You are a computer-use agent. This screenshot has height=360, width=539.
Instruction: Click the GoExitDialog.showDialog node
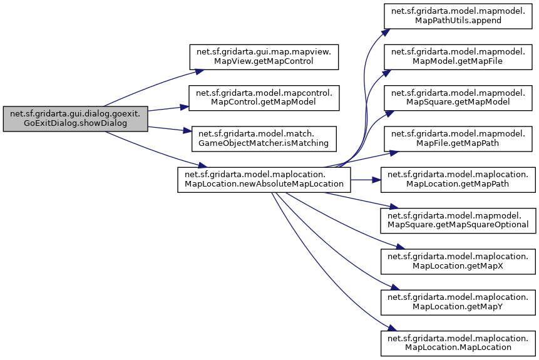pyautogui.click(x=75, y=118)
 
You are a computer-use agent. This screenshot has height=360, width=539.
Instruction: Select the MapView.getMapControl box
pyautogui.click(x=264, y=56)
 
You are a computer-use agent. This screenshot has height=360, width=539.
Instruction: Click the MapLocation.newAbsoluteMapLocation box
pyautogui.click(x=264, y=180)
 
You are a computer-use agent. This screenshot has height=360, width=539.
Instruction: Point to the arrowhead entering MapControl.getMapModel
pyautogui.click(x=185, y=107)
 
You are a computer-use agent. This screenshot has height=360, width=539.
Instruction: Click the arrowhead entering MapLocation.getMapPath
pyautogui.click(x=378, y=180)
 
